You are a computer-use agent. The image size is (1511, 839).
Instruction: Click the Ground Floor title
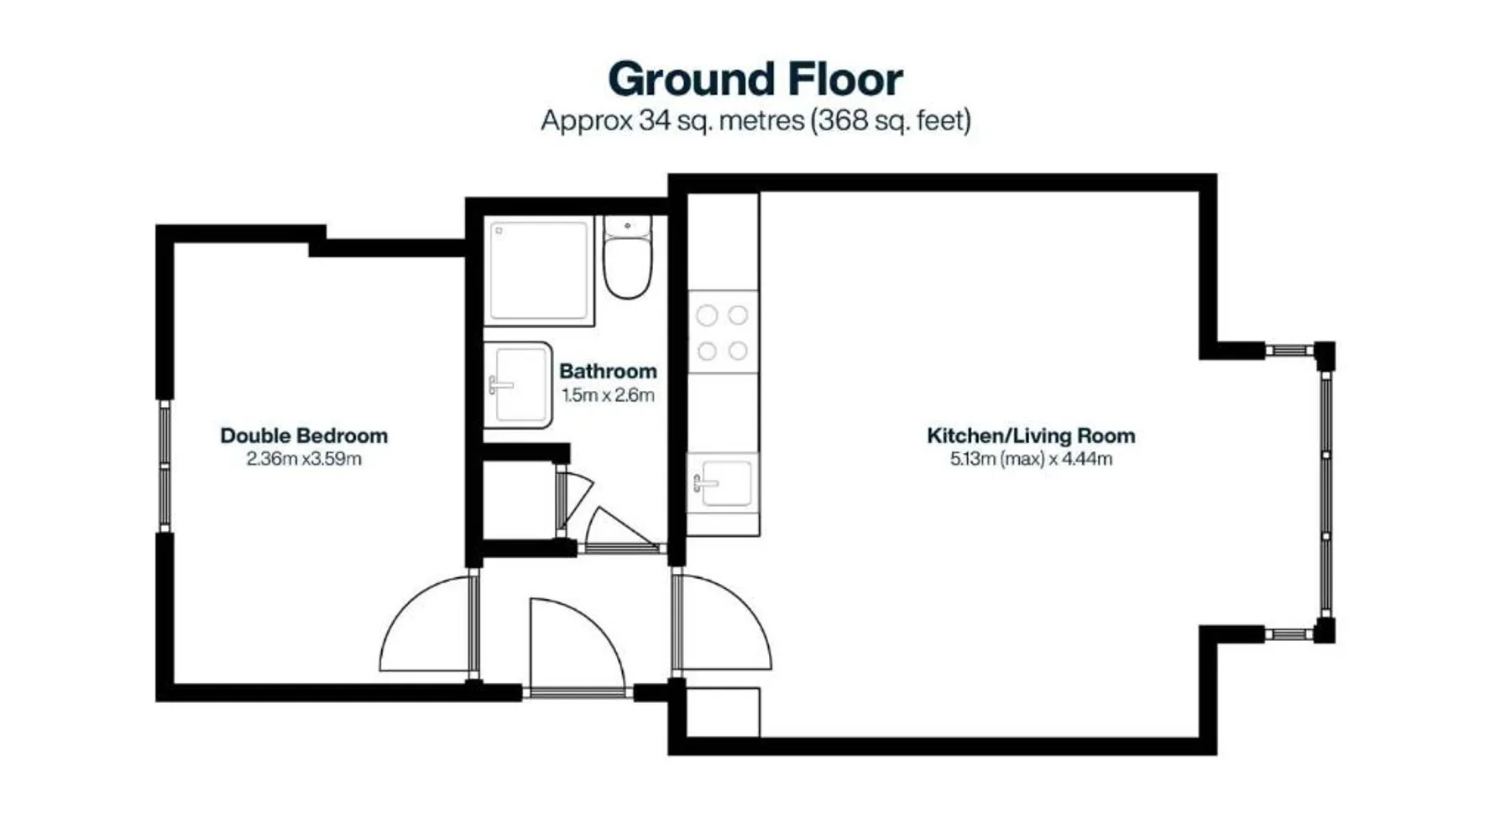[x=755, y=80]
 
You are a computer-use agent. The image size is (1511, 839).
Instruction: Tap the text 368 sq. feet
[x=891, y=121]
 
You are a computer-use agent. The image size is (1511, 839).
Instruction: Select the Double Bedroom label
[x=304, y=435]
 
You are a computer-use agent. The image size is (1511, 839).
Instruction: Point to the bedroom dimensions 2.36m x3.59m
[x=304, y=459]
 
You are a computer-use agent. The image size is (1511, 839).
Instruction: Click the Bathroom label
[x=608, y=371]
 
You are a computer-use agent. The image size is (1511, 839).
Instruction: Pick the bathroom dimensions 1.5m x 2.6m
[x=608, y=395]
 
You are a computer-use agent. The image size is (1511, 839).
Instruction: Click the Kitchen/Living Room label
[x=1031, y=435]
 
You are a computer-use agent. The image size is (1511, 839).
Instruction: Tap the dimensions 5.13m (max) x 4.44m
[x=1031, y=459]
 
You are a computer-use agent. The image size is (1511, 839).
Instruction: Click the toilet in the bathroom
[x=627, y=257]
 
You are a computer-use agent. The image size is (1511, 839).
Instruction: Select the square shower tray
[x=539, y=270]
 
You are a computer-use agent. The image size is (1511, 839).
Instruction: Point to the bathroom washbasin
[x=518, y=385]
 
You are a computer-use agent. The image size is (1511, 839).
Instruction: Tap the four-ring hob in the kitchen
[x=723, y=332]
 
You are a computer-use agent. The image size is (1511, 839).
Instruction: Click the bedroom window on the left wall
[x=165, y=466]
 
